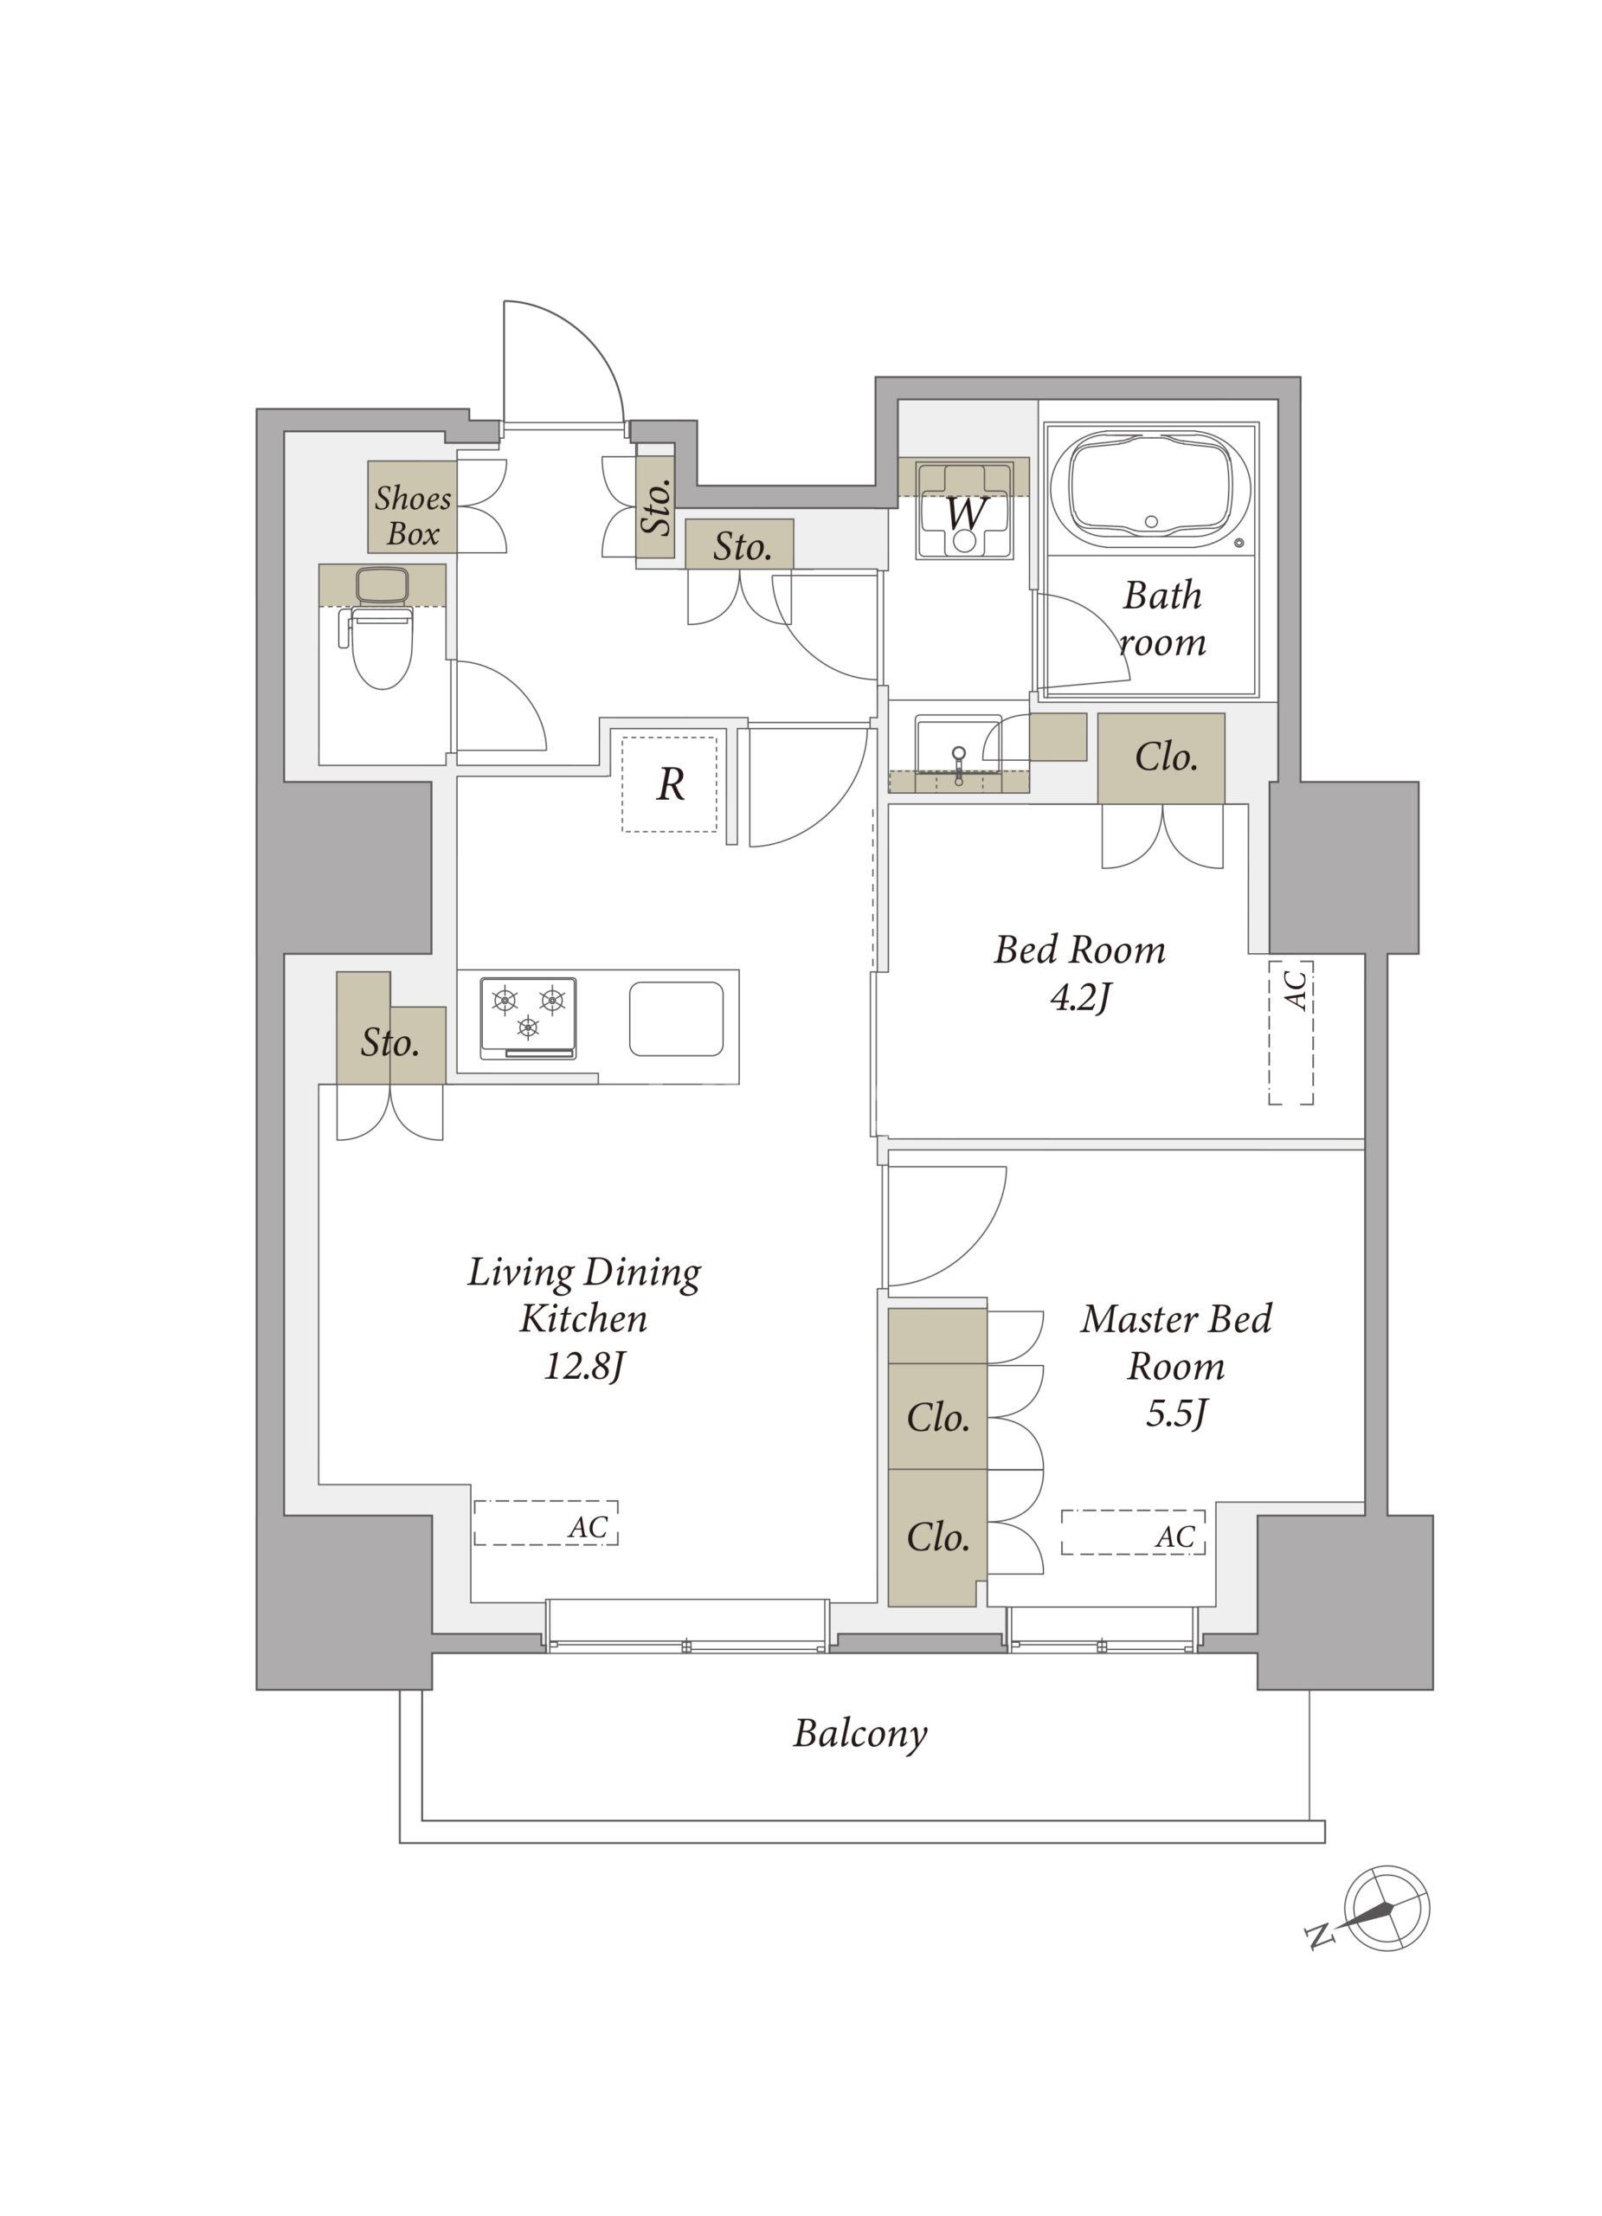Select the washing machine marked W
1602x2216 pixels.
[964, 511]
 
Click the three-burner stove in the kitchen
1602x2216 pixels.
[527, 1016]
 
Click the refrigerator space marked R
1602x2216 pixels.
[669, 783]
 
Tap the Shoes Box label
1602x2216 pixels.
[412, 515]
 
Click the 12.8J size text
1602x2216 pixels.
[583, 1365]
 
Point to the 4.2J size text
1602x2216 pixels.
[1079, 997]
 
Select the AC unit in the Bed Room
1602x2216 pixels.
[1290, 1033]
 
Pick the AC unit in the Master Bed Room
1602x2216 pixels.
[1133, 1532]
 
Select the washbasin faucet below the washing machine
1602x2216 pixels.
[958, 765]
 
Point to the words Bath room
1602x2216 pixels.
[1161, 617]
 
